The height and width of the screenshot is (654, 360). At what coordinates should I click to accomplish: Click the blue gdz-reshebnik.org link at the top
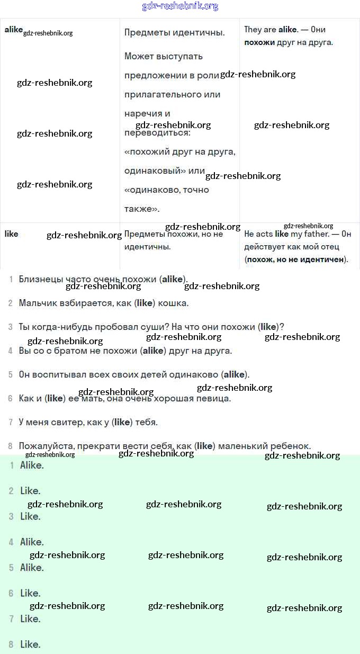(x=180, y=6)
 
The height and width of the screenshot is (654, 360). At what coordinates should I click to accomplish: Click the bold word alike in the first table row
(x=13, y=30)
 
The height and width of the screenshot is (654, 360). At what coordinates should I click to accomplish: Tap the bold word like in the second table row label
(x=11, y=234)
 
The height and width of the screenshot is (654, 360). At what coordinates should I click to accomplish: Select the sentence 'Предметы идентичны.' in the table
(x=175, y=32)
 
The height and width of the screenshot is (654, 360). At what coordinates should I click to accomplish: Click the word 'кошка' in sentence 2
(x=174, y=303)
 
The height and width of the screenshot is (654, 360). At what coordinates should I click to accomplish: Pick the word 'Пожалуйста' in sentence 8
(x=44, y=446)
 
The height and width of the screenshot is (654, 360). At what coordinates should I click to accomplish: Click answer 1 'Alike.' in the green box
(x=32, y=465)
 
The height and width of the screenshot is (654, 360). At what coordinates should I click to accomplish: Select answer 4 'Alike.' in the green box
(x=32, y=542)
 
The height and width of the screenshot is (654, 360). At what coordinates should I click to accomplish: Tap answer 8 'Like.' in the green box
(x=30, y=644)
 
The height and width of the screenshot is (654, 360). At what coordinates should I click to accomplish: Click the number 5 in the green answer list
(x=11, y=568)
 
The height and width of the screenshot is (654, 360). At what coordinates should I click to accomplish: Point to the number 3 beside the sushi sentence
(x=10, y=327)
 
